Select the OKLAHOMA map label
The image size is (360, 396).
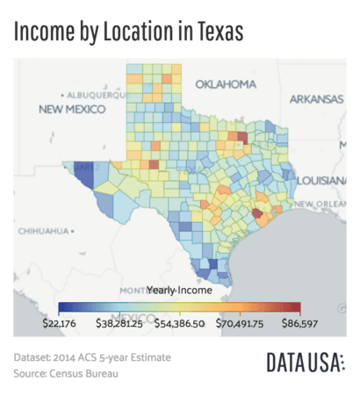(225, 84)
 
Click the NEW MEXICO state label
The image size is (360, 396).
(72, 109)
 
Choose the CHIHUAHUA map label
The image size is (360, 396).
(44, 232)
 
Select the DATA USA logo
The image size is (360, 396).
(305, 363)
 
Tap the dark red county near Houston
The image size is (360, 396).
(256, 212)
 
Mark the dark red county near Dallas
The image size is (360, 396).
(241, 138)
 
